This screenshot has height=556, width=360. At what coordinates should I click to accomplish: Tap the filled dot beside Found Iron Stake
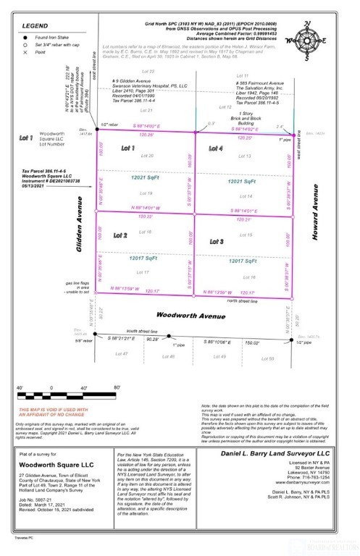24,36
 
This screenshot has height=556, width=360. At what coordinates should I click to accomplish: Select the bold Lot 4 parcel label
216,148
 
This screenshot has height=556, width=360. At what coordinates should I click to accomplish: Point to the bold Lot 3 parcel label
216,240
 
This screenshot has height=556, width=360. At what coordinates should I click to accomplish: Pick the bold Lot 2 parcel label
120,236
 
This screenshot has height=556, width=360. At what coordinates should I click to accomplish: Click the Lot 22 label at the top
148,72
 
